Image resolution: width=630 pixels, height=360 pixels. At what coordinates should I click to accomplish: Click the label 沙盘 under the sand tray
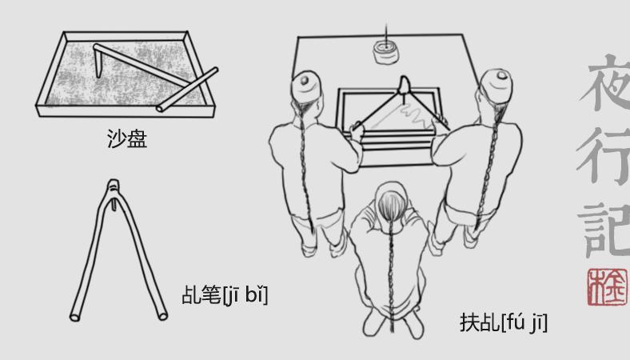pos(127,138)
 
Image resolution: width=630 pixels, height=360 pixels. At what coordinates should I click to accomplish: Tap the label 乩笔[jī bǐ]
pos(225,294)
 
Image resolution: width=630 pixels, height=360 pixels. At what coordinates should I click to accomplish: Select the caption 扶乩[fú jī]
pos(504,322)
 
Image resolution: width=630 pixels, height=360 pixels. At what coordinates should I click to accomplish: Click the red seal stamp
pos(607,287)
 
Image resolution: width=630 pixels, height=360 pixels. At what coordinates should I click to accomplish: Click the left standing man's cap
pos(306,86)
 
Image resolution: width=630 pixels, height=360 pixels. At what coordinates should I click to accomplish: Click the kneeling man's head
pos(391,200)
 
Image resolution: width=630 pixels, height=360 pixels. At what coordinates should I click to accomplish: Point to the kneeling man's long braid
pos(390,274)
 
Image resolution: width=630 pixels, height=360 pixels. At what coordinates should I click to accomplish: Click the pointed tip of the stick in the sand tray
pos(99,76)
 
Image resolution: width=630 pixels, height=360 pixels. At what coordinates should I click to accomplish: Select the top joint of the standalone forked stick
pos(114,186)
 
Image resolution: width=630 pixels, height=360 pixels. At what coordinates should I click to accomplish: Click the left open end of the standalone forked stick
pos(75,317)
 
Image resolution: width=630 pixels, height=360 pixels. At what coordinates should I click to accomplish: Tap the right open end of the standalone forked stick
pos(163,316)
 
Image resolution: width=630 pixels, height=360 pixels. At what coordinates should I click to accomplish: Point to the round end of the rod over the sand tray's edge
pos(160,108)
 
